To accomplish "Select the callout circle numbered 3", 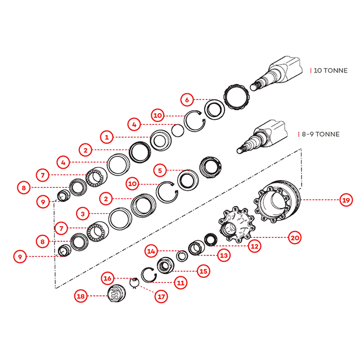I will (x=83, y=214).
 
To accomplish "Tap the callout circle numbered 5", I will (x=160, y=169).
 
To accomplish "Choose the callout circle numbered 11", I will (x=181, y=283).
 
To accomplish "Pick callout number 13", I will (x=224, y=255).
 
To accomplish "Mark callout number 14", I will (x=151, y=250).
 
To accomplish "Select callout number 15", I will (x=204, y=271).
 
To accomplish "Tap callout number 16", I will (x=108, y=278).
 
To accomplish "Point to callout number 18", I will (x=81, y=295).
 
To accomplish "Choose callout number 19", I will (x=345, y=199).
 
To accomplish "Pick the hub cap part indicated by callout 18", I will (x=118, y=294).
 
